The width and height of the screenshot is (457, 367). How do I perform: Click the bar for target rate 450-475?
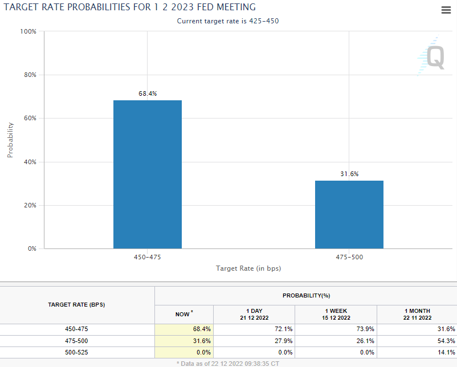point(148,174)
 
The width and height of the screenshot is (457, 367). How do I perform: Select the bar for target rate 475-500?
point(349,214)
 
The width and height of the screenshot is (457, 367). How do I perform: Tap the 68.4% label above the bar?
point(148,93)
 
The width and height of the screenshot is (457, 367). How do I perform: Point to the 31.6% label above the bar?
point(349,174)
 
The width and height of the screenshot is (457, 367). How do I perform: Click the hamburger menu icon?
point(446,10)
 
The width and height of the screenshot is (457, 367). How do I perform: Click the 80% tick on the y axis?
point(29,75)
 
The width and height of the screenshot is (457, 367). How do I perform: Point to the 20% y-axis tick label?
point(29,205)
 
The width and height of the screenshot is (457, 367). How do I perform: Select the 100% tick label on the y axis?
point(28,31)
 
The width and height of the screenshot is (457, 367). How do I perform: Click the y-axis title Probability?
point(10,140)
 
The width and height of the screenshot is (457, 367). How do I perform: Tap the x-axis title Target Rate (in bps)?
point(248,268)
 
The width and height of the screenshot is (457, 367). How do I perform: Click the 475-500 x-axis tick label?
point(349,257)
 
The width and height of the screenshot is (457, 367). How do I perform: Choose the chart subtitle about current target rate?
point(228,21)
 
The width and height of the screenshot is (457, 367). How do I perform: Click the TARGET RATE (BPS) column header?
point(77,305)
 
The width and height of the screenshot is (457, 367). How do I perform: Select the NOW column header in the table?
point(183,314)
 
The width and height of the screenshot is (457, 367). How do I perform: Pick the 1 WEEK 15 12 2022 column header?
point(336,314)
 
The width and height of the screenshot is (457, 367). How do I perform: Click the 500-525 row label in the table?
point(77,352)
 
